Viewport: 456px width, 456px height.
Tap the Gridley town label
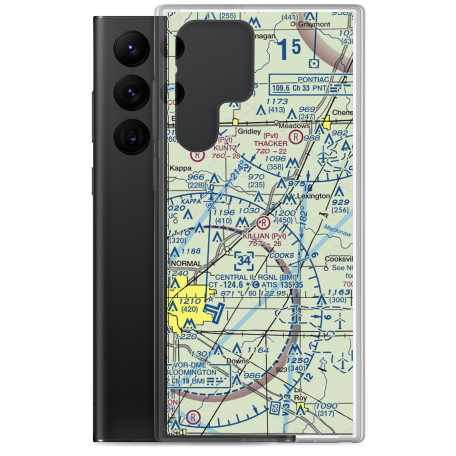[x=251, y=131]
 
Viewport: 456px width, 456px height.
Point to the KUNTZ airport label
[x=224, y=148]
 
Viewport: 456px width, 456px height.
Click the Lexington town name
[x=313, y=196]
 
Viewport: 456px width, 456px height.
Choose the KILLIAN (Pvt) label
[x=264, y=236]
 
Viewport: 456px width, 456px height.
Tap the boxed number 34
[x=244, y=262]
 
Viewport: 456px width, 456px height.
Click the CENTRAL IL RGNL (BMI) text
[x=256, y=277]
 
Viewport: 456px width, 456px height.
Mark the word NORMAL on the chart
[x=186, y=264]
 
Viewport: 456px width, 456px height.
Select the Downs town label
[x=238, y=361]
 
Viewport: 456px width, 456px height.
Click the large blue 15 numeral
[x=290, y=49]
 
